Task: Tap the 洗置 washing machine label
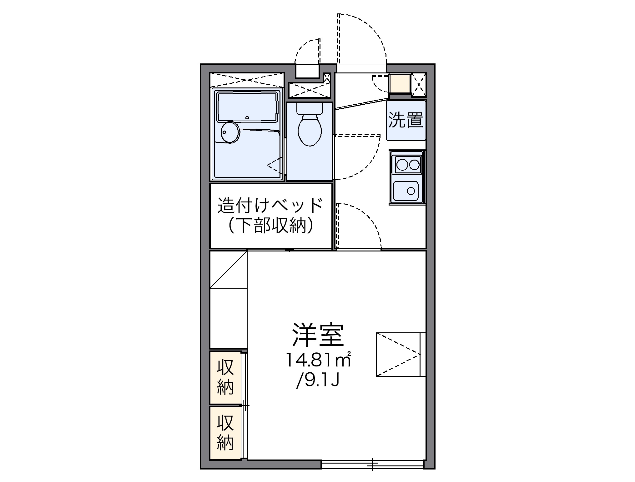(406, 120)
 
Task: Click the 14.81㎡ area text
(318, 361)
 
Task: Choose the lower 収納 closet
(225, 433)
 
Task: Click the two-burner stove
(407, 165)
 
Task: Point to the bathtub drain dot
(247, 118)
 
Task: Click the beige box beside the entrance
(400, 83)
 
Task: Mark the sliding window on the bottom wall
(372, 465)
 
